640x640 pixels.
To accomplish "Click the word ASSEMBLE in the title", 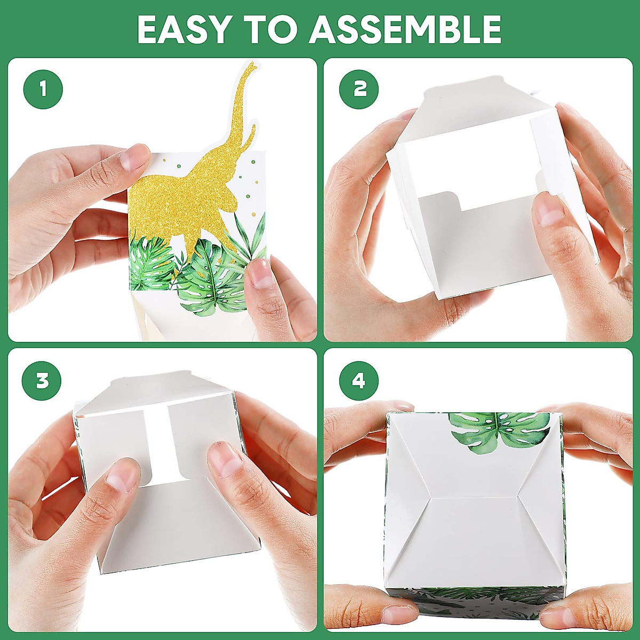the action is (405, 29).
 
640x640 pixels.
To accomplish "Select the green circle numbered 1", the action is (43, 90).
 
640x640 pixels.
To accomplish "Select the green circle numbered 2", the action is (359, 90).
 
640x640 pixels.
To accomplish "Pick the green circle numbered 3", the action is (42, 380).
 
